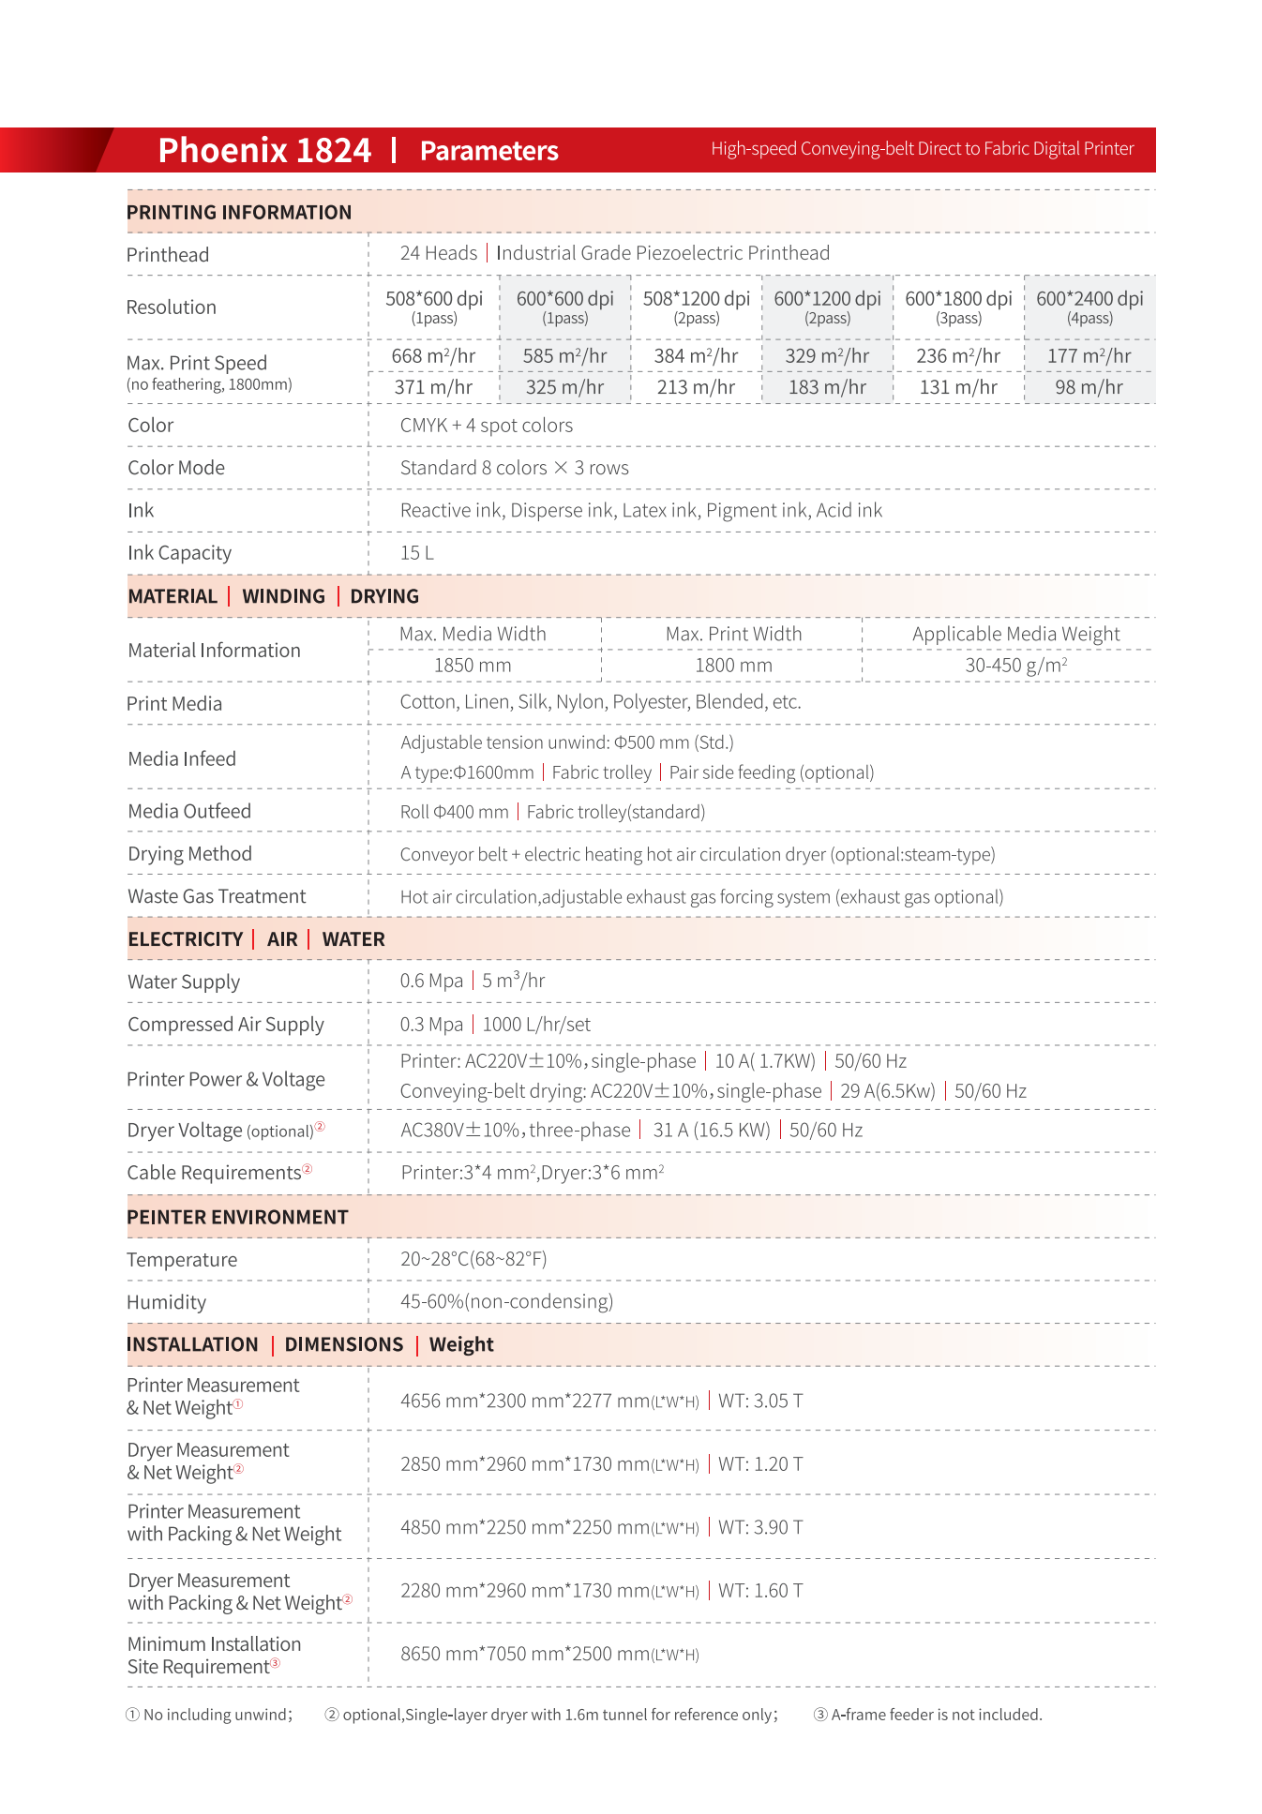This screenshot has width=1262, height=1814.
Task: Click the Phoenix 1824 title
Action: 264,150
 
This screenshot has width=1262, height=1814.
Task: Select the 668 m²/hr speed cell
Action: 433,356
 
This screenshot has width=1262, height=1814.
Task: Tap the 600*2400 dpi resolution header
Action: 1089,299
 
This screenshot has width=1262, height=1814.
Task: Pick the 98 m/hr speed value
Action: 1089,387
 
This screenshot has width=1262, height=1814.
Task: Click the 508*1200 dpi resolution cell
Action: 696,299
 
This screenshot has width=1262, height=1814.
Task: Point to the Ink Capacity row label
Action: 179,553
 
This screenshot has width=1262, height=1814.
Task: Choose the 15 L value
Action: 416,553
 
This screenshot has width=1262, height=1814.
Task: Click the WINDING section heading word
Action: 283,596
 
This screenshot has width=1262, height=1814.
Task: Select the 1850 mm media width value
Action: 473,666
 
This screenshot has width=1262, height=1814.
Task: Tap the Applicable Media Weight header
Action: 1015,635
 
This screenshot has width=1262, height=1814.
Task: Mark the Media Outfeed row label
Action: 189,812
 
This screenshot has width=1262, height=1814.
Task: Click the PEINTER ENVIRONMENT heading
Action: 237,1217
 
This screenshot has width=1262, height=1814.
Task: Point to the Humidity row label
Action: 166,1302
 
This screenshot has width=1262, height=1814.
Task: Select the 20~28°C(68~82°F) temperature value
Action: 473,1259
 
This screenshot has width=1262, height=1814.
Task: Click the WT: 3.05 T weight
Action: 760,1401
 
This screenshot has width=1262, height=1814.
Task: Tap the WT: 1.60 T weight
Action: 760,1591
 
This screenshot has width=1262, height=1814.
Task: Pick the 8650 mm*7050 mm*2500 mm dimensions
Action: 548,1654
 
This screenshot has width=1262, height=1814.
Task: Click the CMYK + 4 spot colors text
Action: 486,426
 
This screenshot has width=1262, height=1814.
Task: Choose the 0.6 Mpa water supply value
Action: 431,981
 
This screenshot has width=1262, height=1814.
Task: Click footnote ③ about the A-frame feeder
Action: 928,1715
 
